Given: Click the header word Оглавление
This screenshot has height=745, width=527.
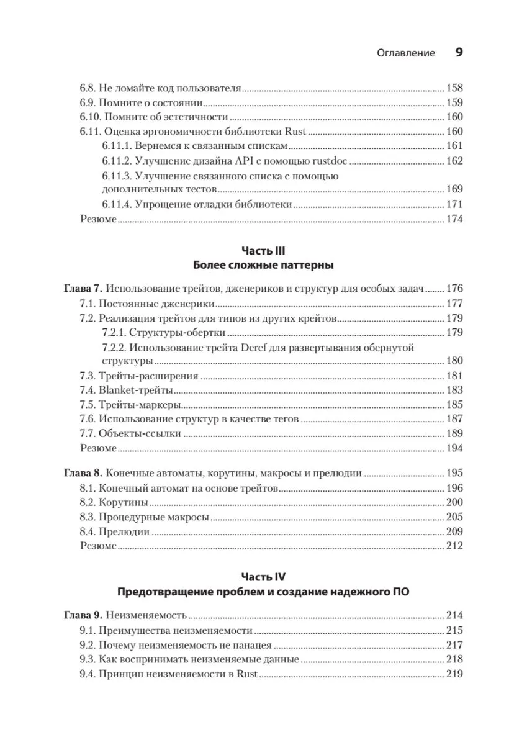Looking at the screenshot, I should pyautogui.click(x=406, y=53).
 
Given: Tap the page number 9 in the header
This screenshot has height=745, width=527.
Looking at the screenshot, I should pyautogui.click(x=459, y=53).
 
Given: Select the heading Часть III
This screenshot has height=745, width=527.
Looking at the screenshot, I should pyautogui.click(x=263, y=251).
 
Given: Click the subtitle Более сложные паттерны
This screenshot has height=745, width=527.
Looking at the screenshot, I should pyautogui.click(x=263, y=266).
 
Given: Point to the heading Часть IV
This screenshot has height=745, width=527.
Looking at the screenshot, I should pyautogui.click(x=263, y=577).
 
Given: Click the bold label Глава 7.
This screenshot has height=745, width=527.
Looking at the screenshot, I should pyautogui.click(x=83, y=289).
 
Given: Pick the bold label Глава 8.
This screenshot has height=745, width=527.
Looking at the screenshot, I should pyautogui.click(x=83, y=473).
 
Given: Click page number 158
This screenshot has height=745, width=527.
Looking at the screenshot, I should pyautogui.click(x=454, y=88).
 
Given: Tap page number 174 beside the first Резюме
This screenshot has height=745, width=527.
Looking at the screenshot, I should pyautogui.click(x=454, y=219).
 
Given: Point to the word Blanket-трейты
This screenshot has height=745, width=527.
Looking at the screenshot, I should pyautogui.click(x=135, y=391).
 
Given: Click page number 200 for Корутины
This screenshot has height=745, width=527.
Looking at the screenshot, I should pyautogui.click(x=454, y=503).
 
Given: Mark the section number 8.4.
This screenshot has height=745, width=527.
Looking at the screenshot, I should pyautogui.click(x=88, y=532).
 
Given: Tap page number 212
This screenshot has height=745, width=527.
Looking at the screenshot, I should pyautogui.click(x=454, y=546).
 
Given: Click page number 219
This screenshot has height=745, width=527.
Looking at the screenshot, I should pyautogui.click(x=454, y=674).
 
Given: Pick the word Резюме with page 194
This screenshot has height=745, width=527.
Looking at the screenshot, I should pyautogui.click(x=98, y=448).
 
